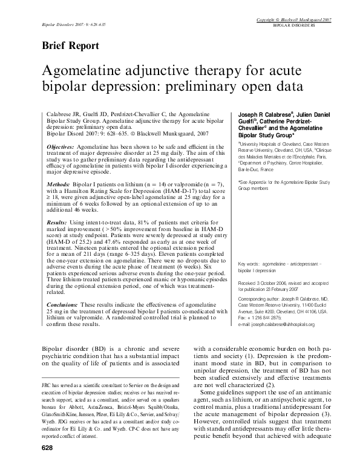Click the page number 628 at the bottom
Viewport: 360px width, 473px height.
coord(48,465)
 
